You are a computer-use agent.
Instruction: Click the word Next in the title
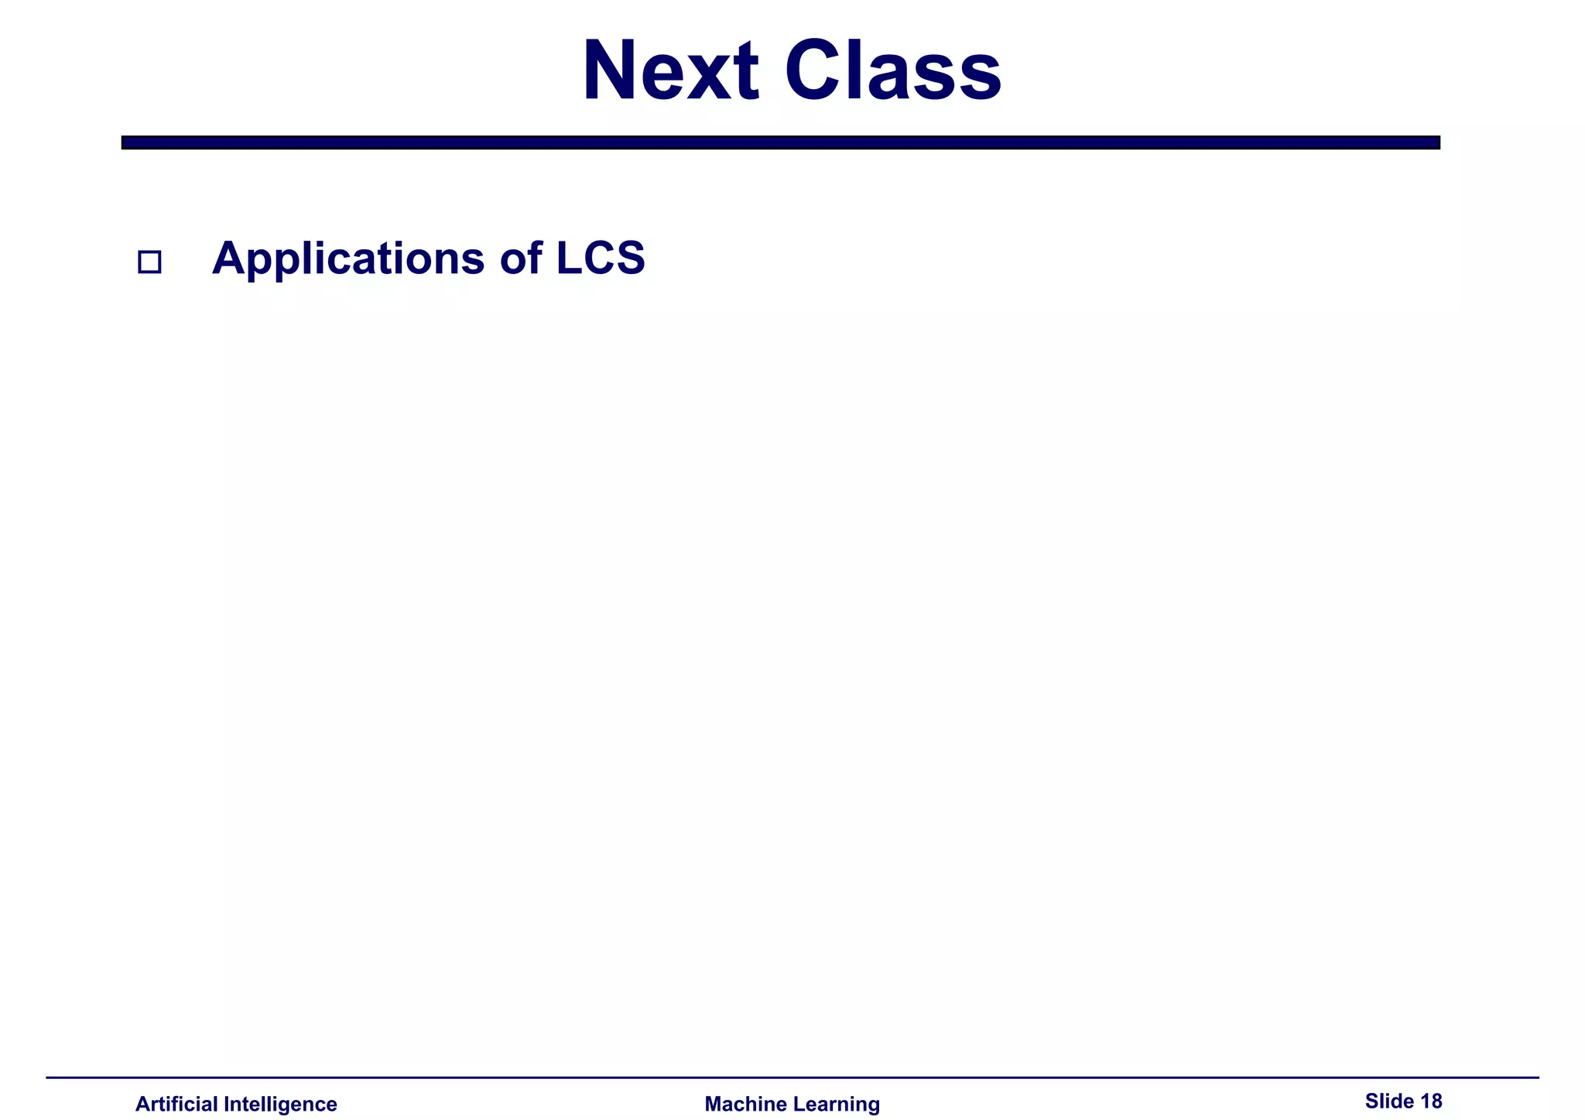(x=670, y=71)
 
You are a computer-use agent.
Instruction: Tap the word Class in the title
(x=893, y=71)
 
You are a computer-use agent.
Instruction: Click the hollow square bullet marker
(x=149, y=262)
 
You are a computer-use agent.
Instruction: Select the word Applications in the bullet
(x=347, y=259)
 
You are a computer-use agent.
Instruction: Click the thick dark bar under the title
(x=780, y=142)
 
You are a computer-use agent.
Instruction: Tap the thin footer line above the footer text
(x=792, y=1077)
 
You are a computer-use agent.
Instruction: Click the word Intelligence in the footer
(x=280, y=1104)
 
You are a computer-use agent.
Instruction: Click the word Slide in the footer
(x=1388, y=1101)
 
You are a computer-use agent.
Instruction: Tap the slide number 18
(x=1431, y=1101)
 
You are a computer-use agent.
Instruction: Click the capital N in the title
(x=614, y=71)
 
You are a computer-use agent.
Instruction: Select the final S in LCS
(x=631, y=258)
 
